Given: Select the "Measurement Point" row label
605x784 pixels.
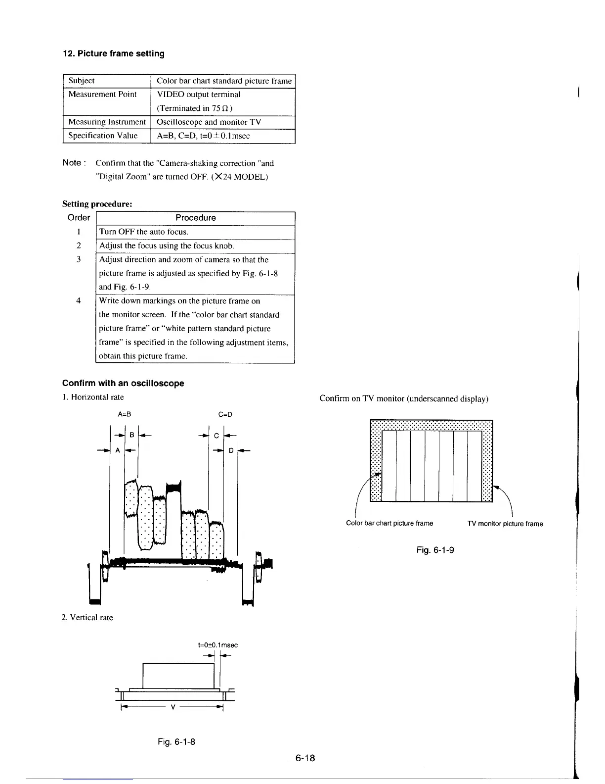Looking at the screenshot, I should click(x=102, y=95).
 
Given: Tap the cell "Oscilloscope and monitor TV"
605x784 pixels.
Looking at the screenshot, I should click(x=209, y=122).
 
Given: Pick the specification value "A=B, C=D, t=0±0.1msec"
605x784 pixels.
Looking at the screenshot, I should click(x=203, y=136).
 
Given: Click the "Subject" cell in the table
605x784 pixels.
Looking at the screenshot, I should click(x=82, y=81).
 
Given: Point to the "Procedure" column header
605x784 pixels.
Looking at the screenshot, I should click(x=196, y=218).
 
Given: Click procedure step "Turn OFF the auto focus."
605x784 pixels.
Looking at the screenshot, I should click(x=143, y=232).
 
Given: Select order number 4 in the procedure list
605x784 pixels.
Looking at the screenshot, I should click(x=79, y=300).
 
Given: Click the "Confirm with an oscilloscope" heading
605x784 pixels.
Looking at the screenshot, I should click(x=123, y=383).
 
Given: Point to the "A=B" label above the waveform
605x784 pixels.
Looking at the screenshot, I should click(x=125, y=414).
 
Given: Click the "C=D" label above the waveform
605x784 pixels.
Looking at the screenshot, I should click(x=225, y=414).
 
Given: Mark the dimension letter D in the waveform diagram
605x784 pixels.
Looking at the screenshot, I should click(x=231, y=450).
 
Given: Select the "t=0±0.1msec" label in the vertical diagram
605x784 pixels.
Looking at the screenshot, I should click(x=217, y=645).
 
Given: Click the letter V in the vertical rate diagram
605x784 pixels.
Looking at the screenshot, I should click(x=173, y=706).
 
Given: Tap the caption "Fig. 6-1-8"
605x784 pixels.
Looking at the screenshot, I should click(x=176, y=741).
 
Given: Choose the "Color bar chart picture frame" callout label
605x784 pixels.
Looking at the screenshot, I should click(x=389, y=523).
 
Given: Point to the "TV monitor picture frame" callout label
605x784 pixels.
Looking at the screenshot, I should click(x=505, y=524).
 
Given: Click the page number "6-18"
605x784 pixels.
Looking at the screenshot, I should click(x=305, y=758).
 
